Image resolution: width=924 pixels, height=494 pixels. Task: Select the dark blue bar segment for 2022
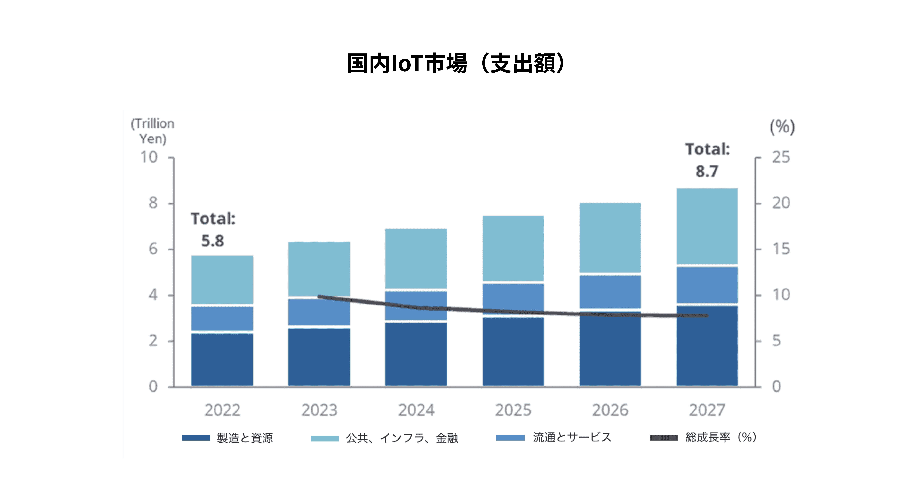[x=222, y=360]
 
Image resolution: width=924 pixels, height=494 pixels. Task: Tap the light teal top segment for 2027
[x=707, y=226]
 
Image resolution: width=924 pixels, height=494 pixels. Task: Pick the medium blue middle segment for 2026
[x=610, y=292]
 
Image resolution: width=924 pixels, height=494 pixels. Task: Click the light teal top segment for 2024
[x=416, y=259]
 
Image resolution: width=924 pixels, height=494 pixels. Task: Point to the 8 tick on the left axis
[x=153, y=203]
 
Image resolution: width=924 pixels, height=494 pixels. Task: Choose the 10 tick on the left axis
[x=149, y=157]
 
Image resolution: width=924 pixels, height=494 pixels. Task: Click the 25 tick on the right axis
[x=781, y=157]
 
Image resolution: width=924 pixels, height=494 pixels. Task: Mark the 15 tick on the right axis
[x=781, y=249]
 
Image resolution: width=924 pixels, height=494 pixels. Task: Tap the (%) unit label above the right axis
[x=782, y=127]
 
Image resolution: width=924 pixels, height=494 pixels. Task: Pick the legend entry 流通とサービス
[x=554, y=437]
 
